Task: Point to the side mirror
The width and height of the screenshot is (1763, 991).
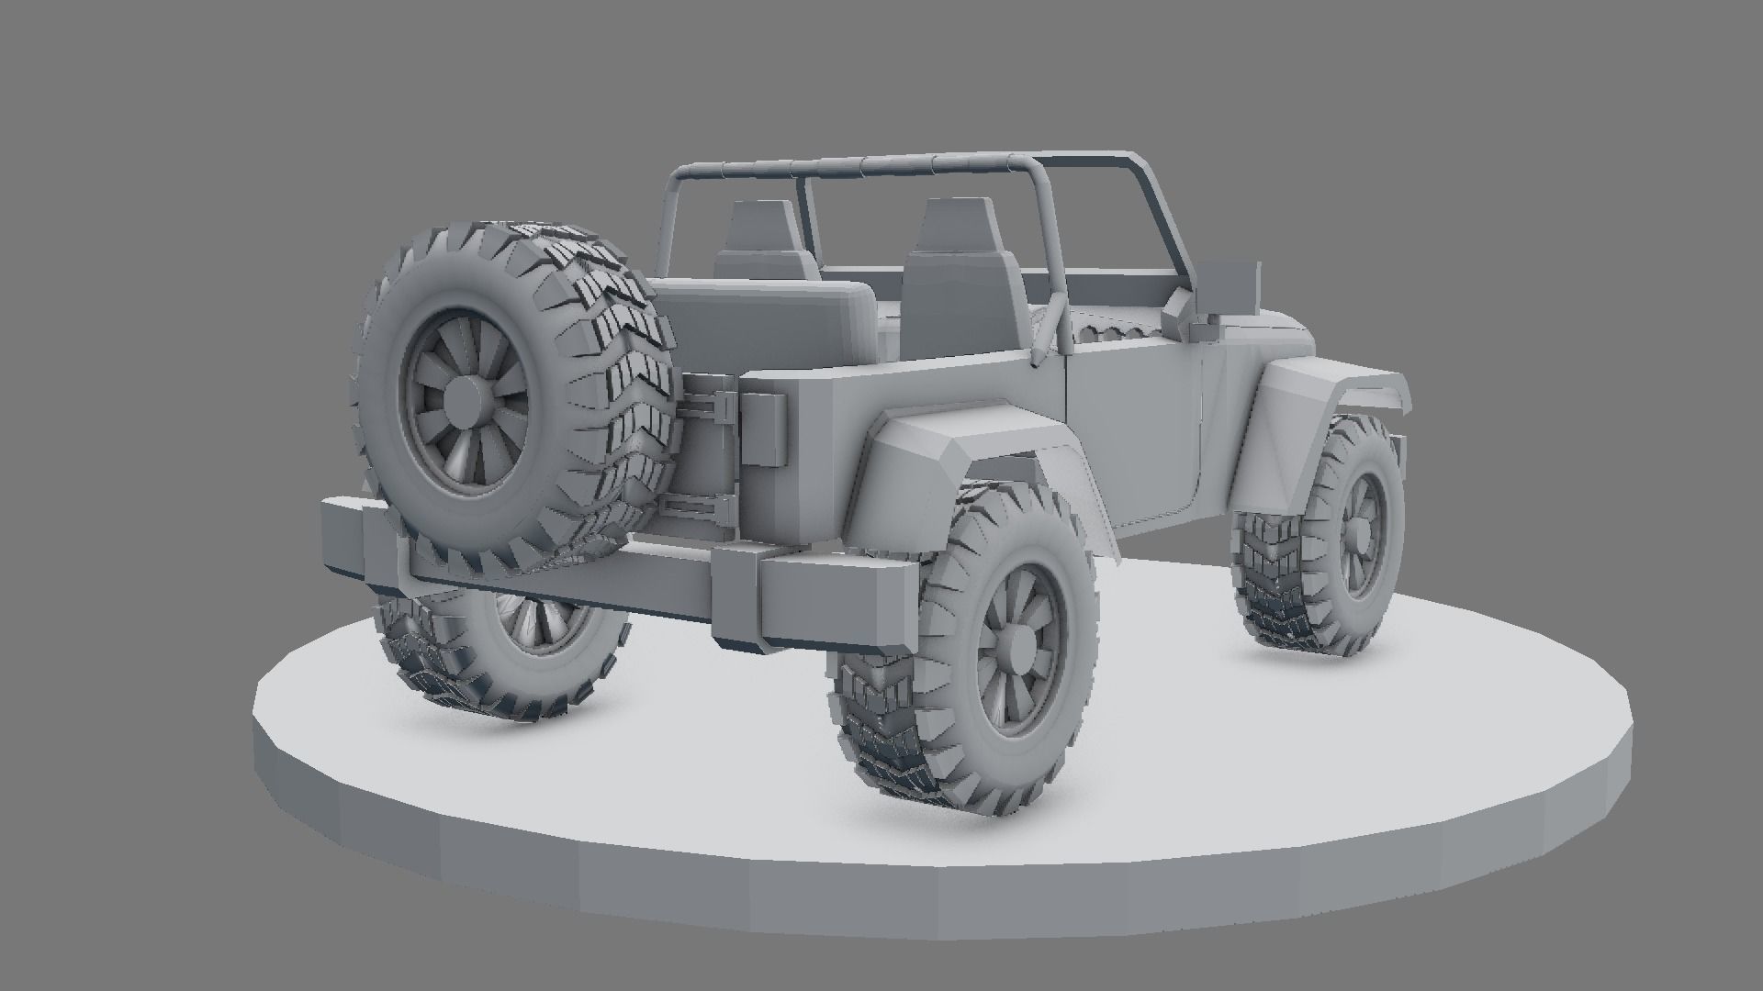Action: click(x=1230, y=283)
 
